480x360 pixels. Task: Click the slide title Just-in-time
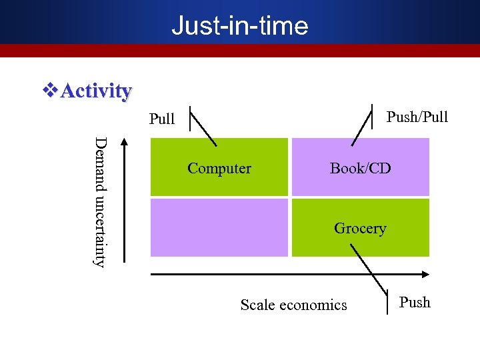239,25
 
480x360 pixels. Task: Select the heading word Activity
96,91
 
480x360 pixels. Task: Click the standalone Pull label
162,119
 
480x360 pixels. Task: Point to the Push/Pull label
417,117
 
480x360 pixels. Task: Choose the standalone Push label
415,303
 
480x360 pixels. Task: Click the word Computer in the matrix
219,169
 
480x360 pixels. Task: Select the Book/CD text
360,169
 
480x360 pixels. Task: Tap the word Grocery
360,229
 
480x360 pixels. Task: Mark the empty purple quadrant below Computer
219,228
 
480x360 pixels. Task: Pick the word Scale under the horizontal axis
257,305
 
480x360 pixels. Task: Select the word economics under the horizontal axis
313,305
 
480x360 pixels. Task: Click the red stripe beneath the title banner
239,51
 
